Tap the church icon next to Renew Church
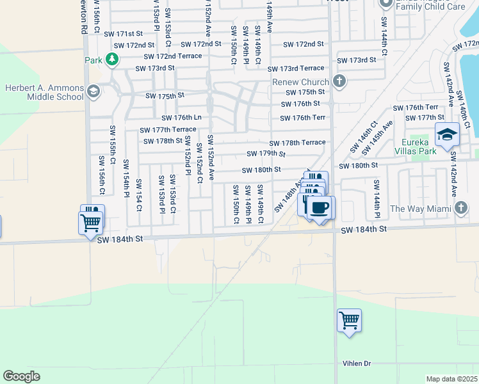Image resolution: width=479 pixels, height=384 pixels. tap(339, 81)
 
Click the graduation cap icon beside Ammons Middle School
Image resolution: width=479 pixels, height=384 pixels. tap(94, 91)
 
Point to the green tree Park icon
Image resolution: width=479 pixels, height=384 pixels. tap(112, 60)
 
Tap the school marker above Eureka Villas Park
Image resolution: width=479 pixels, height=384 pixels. tap(447, 135)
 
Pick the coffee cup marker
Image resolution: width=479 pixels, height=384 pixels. tap(320, 208)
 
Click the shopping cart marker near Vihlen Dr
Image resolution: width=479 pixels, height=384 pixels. tap(349, 320)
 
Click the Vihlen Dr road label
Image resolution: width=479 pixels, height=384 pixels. tap(357, 364)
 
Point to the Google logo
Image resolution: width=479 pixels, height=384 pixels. tap(21, 376)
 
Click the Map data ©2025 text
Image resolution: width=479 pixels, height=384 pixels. tap(452, 379)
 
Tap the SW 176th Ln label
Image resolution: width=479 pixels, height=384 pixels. tap(181, 118)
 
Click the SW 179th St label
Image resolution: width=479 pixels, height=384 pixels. tap(266, 154)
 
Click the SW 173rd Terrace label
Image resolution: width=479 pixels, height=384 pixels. tap(296, 68)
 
